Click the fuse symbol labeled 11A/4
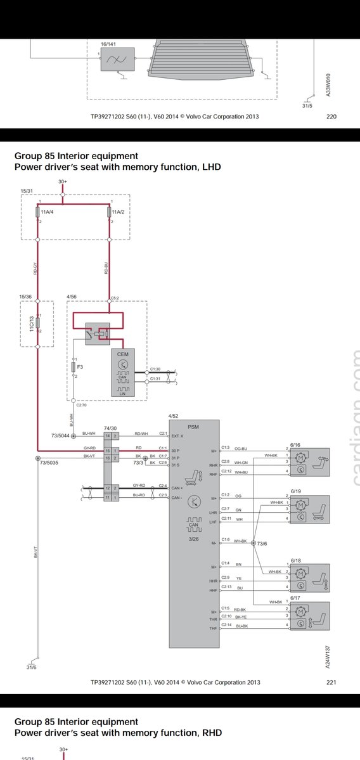37,212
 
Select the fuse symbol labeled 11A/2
110,212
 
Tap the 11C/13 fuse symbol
37,323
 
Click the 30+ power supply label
63,181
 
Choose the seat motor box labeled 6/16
310,461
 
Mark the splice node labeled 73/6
254,543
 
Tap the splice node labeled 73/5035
37,458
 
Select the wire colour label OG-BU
241,448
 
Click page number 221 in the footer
331,683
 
